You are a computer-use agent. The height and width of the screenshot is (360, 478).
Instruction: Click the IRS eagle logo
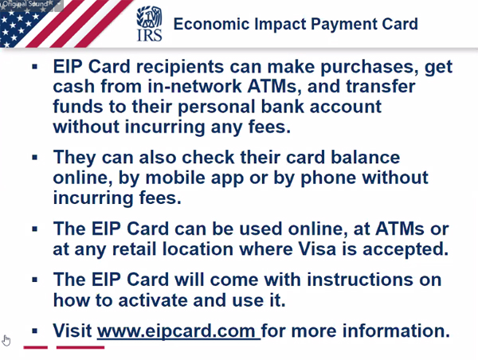coord(149,23)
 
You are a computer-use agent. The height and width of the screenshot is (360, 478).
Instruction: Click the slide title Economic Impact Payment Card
coord(296,24)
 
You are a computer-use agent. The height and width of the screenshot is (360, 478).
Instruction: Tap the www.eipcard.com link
coord(178,331)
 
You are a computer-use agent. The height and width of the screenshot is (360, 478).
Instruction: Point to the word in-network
coord(195,86)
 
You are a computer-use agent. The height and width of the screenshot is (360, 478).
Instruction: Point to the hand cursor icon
coord(6,341)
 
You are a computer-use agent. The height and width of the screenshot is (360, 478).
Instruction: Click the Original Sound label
coord(25,4)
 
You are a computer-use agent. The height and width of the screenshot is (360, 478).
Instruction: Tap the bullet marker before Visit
coord(34,331)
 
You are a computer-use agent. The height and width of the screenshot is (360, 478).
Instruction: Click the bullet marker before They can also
coord(34,158)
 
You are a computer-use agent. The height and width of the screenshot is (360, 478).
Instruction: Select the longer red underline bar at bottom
coord(80,347)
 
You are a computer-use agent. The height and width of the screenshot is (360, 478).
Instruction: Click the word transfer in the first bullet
coord(381,86)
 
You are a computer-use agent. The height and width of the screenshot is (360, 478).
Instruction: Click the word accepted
coord(406,249)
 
